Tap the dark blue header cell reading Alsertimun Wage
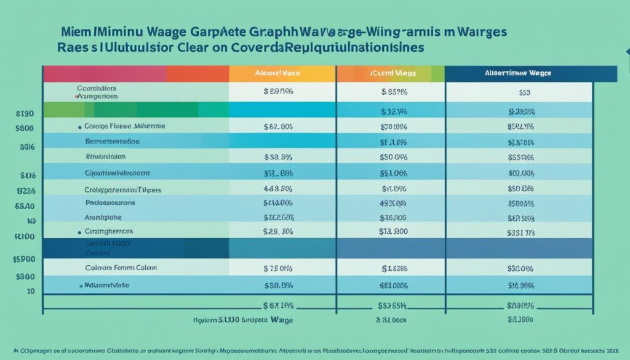click(520, 73)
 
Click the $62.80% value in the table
click(277, 127)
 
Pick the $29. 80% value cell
click(277, 232)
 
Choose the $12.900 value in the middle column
click(394, 232)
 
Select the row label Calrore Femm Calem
click(121, 268)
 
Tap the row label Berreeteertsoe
click(113, 141)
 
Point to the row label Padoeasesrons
click(110, 202)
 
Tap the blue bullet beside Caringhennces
click(79, 233)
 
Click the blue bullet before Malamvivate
click(81, 286)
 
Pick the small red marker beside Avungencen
click(76, 97)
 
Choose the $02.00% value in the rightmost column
click(520, 174)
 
